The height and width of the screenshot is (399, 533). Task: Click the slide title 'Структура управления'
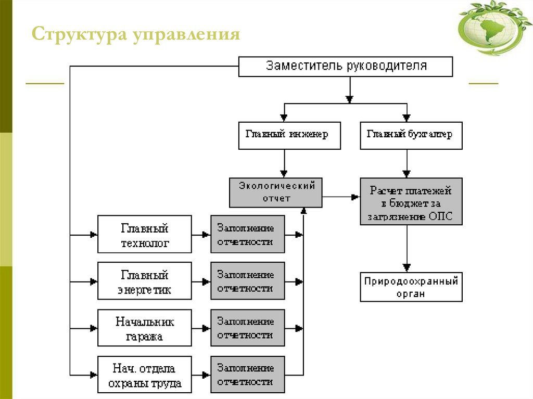tap(136, 35)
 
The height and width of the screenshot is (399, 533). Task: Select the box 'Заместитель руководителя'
tap(346, 67)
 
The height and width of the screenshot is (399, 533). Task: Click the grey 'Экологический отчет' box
tap(275, 192)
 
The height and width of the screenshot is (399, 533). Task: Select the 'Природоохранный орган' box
tap(411, 287)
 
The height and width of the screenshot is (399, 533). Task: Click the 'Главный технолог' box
tap(145, 236)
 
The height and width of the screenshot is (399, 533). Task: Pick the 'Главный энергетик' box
tap(145, 282)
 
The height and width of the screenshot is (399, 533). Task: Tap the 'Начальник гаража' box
tap(145, 329)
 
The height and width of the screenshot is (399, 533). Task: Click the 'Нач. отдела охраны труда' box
tap(145, 376)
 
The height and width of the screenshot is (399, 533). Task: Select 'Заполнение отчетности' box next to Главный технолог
tap(247, 235)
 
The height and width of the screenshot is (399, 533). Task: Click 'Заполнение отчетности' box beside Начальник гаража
tap(247, 328)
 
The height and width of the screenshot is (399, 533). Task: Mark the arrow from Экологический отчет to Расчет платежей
tap(341, 197)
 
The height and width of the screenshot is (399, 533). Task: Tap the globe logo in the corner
tap(495, 29)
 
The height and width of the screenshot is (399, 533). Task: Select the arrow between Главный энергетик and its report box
tap(201, 281)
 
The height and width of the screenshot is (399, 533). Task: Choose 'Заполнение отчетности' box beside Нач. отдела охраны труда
tap(247, 375)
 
